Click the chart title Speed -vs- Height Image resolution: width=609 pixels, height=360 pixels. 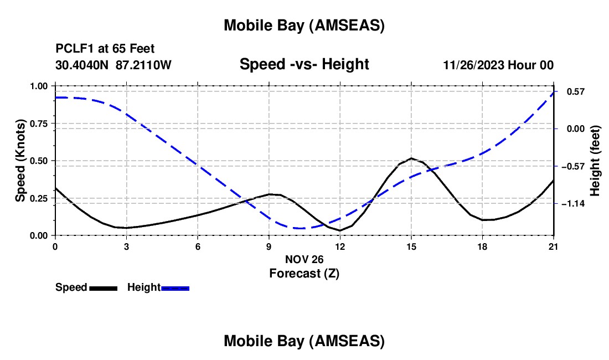[304, 64]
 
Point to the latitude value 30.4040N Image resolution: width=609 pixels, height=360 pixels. [82, 65]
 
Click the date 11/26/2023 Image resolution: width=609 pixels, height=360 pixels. [473, 65]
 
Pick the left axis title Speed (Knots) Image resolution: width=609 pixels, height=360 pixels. [20, 161]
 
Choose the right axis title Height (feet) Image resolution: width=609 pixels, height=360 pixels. [595, 161]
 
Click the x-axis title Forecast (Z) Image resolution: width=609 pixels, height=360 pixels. [304, 273]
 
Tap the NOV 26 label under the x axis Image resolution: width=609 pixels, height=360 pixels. [304, 259]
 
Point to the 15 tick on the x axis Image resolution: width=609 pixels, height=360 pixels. [411, 246]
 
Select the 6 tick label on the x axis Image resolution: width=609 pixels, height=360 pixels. [198, 246]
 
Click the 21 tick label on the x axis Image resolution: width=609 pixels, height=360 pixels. [554, 246]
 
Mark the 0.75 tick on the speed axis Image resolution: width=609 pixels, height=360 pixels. [39, 124]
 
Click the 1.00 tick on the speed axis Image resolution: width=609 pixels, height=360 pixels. [39, 86]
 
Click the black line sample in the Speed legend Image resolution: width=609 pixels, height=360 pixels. [103, 288]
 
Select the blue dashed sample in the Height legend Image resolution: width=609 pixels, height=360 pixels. [176, 288]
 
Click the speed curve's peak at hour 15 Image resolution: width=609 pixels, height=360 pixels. [411, 158]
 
